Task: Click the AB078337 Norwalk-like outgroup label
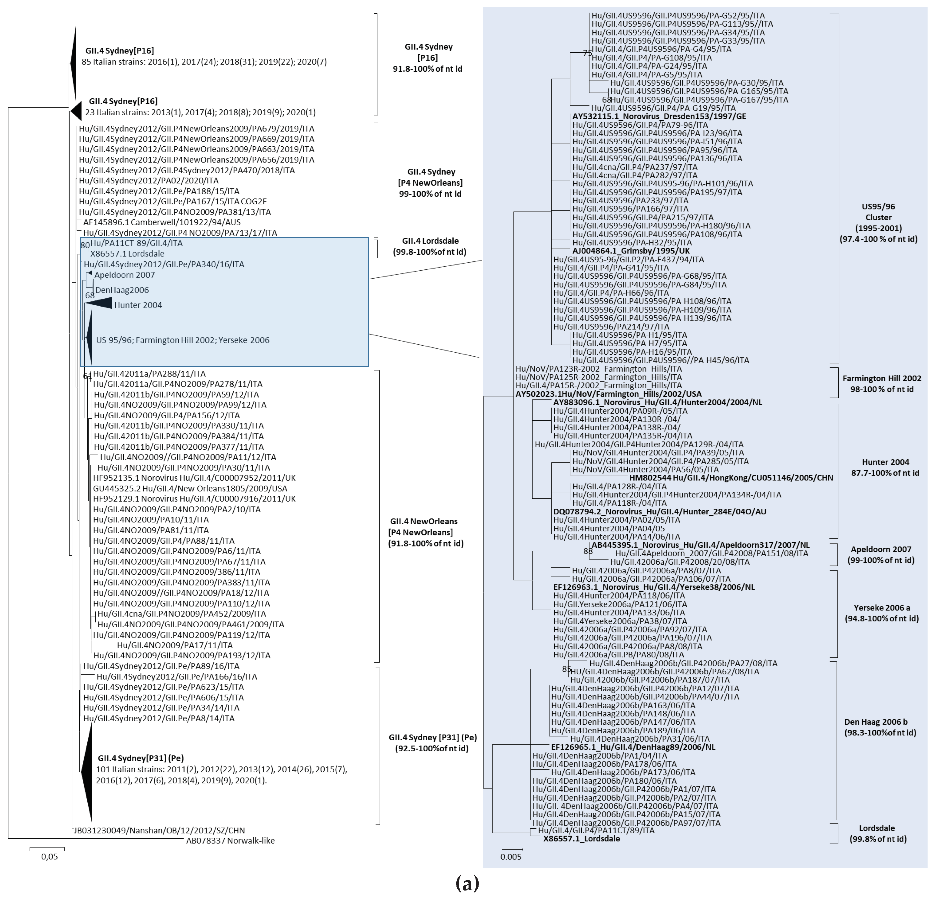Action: (230, 840)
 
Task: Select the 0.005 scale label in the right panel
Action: (511, 857)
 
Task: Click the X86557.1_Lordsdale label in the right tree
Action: (581, 838)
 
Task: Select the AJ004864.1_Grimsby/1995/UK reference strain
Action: (631, 251)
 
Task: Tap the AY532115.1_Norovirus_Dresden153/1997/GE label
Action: (659, 116)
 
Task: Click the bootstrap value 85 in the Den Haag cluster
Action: (566, 669)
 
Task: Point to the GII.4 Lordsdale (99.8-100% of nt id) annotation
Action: (430, 246)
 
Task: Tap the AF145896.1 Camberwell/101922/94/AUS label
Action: (162, 222)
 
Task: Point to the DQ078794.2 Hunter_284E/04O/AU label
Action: (660, 512)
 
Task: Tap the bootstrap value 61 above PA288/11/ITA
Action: (87, 376)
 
